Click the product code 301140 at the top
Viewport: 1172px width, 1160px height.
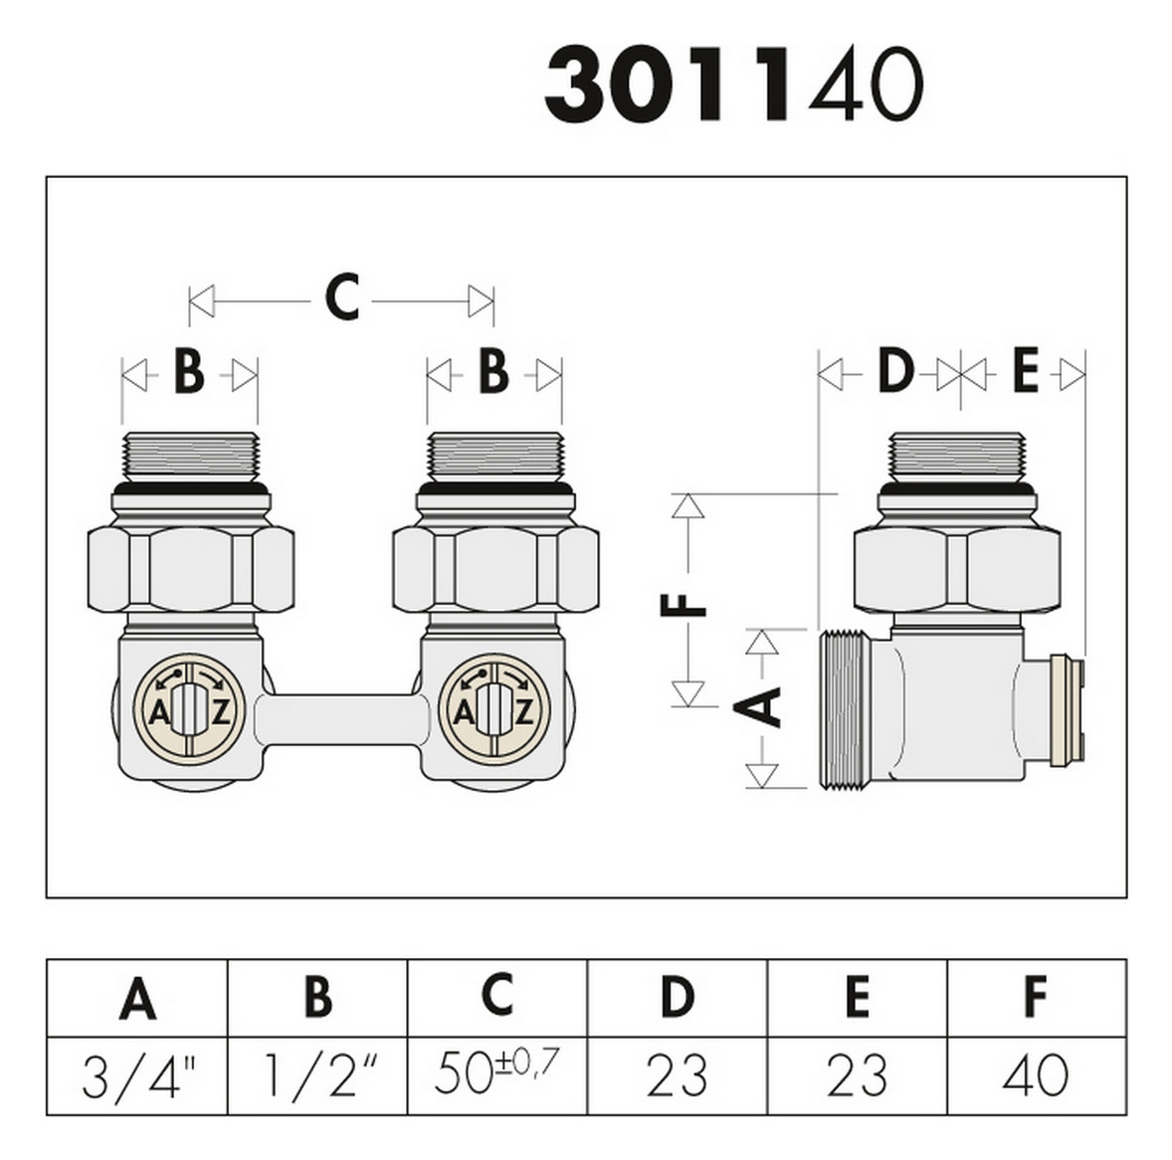[734, 87]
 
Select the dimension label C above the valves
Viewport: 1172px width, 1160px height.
[341, 297]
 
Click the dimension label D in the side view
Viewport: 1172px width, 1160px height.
[894, 373]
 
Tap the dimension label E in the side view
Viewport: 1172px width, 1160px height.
[1025, 373]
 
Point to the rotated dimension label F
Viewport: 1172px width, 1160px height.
[685, 604]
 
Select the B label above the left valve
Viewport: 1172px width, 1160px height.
[189, 374]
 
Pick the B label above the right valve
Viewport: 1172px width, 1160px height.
[493, 374]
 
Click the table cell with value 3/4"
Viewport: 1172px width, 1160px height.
[137, 1076]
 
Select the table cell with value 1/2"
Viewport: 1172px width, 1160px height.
[317, 1076]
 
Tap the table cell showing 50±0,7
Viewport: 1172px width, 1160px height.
[497, 1074]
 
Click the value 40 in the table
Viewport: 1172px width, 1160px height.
[1036, 1076]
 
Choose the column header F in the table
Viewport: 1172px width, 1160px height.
[1036, 998]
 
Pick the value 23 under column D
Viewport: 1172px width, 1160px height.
[677, 1076]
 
